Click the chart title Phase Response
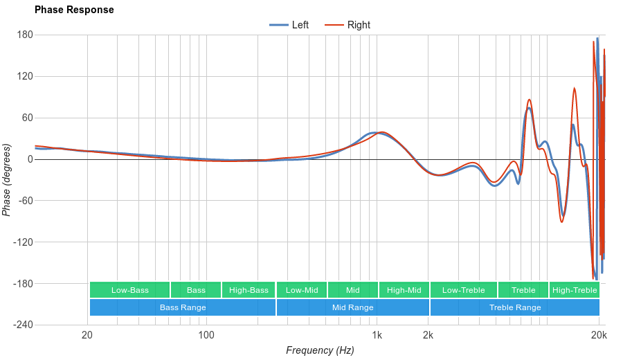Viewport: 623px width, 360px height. [74, 10]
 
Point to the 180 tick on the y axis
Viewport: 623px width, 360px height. [26, 35]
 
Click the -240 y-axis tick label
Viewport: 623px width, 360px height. [23, 325]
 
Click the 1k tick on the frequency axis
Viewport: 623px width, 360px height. [377, 336]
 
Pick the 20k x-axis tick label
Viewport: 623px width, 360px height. [599, 336]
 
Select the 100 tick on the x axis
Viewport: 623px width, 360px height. [206, 336]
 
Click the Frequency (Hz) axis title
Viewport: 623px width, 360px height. [320, 350]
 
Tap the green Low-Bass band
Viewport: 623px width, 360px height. [129, 290]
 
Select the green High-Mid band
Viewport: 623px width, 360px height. [404, 290]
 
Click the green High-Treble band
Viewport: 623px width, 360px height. [575, 290]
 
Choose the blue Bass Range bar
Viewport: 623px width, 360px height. [183, 307]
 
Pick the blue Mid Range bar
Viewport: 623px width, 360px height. [352, 307]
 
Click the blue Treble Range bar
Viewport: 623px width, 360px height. [515, 307]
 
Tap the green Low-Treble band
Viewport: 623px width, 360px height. [463, 290]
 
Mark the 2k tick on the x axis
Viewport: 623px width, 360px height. [428, 336]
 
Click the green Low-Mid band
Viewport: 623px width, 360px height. [302, 290]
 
